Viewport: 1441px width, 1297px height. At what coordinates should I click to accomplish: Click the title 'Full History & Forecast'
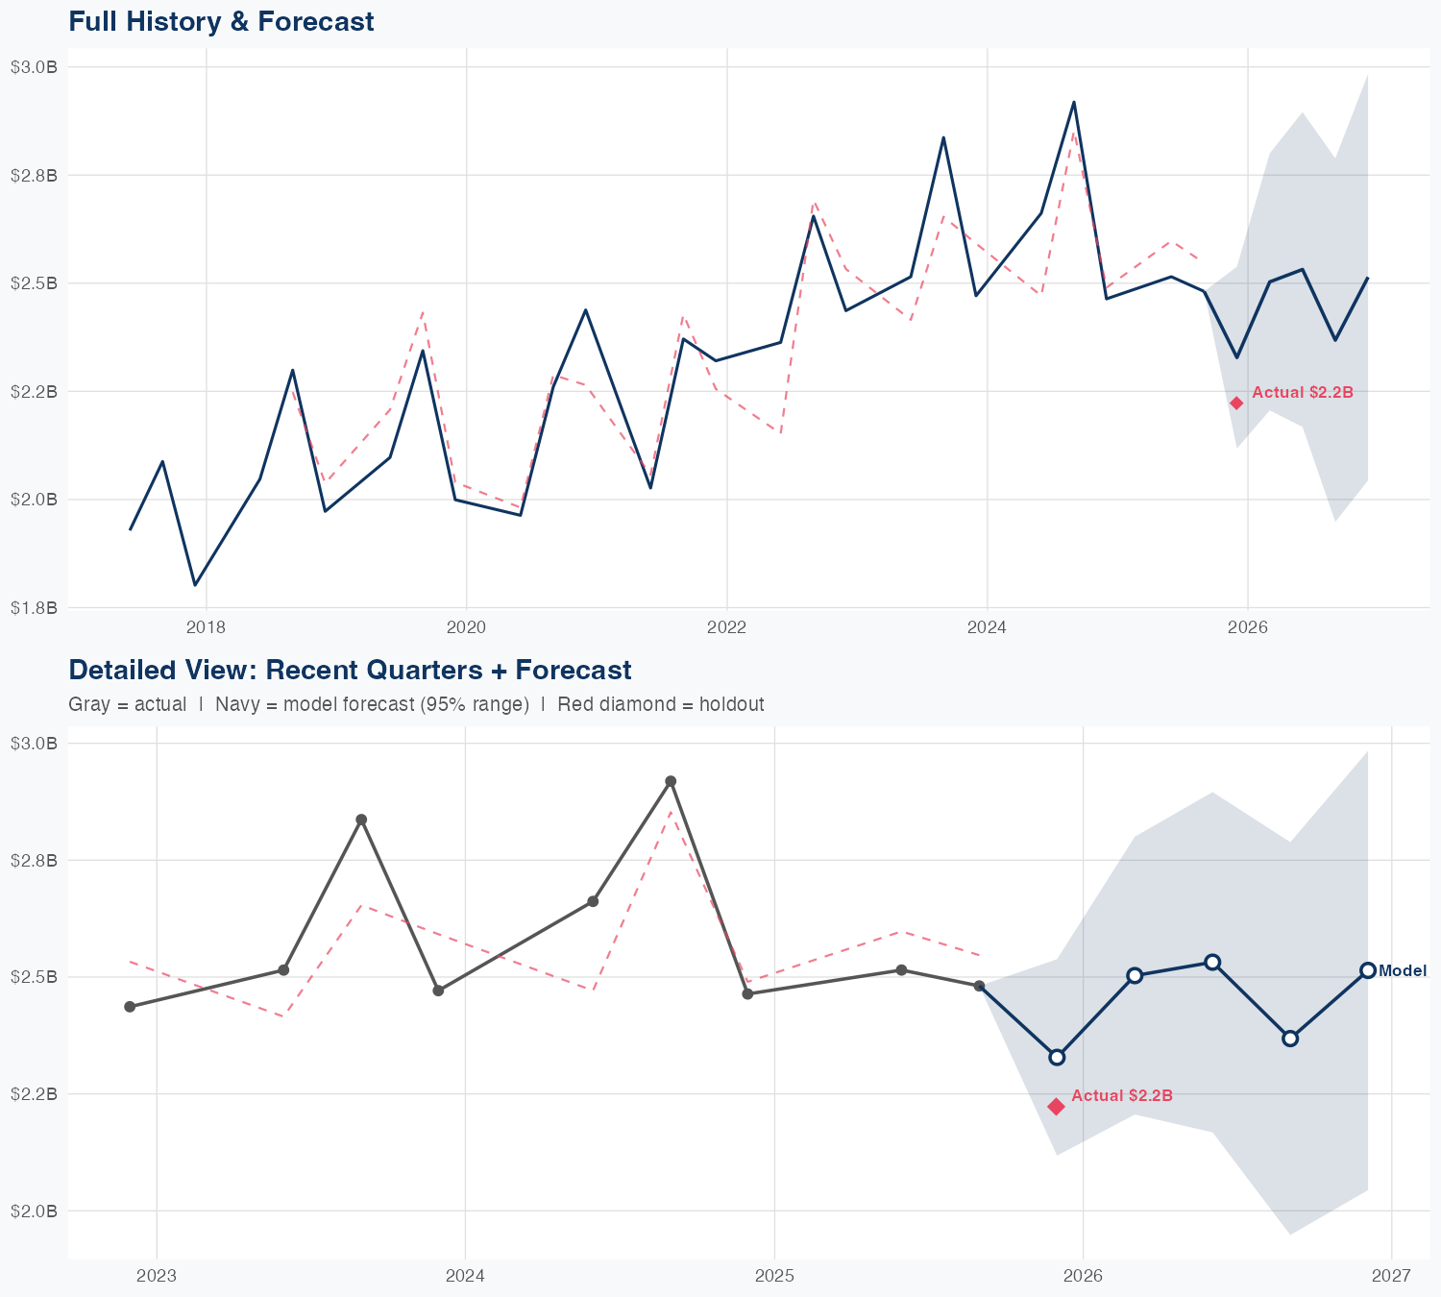[221, 21]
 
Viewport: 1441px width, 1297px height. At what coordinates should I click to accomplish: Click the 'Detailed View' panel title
[350, 670]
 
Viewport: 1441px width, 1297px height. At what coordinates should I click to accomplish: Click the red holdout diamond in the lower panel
[1056, 1107]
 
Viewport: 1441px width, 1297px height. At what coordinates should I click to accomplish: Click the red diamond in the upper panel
[1236, 403]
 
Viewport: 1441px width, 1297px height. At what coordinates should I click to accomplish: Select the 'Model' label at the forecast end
[1403, 971]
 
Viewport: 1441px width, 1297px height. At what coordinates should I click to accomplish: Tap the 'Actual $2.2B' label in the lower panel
[1122, 1095]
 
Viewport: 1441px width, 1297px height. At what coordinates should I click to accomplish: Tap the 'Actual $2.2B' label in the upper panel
[1303, 392]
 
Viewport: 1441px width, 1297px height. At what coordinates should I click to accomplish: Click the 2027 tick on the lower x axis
[1391, 1277]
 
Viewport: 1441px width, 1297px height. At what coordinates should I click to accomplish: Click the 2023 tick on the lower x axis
[157, 1277]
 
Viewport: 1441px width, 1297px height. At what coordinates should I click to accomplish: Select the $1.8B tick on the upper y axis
[33, 608]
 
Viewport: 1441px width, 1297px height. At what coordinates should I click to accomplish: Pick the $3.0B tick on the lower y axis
[33, 744]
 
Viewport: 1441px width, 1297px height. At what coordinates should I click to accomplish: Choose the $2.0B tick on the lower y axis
[33, 1211]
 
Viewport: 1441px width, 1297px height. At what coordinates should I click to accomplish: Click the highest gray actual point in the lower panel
[671, 781]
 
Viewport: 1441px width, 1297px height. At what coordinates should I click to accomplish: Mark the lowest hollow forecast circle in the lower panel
[1057, 1057]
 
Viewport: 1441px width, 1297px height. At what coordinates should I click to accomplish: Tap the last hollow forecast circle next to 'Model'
[1368, 970]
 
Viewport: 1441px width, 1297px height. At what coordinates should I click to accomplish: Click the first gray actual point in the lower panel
[130, 1007]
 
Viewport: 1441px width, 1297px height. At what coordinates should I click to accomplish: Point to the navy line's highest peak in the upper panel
[1074, 102]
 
